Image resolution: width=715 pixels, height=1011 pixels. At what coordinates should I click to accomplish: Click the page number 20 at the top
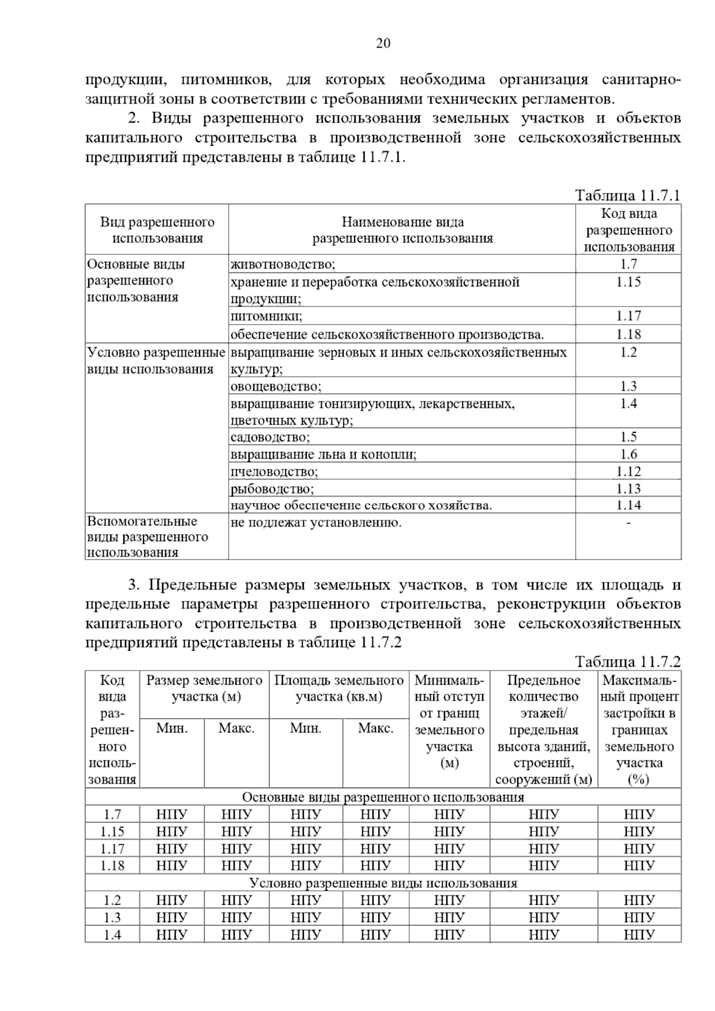(383, 43)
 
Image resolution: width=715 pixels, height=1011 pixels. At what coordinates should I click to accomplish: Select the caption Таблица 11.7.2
(627, 661)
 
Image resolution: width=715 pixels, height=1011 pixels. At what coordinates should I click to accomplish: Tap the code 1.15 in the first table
(628, 282)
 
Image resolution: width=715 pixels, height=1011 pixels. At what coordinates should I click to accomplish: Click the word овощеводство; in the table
(276, 386)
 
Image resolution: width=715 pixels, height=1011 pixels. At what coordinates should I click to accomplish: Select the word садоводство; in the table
(271, 438)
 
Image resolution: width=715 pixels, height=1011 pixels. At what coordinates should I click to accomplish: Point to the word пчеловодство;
(274, 472)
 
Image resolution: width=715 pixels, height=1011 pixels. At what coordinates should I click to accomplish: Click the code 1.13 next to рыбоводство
(628, 489)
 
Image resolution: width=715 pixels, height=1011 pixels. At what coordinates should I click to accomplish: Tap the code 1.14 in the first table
(628, 505)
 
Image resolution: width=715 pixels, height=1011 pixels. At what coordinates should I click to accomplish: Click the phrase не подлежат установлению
(316, 523)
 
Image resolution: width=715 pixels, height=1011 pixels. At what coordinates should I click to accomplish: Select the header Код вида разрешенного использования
(629, 230)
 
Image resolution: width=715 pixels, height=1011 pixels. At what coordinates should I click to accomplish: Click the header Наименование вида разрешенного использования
(402, 230)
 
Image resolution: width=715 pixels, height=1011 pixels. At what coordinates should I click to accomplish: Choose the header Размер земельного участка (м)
(204, 688)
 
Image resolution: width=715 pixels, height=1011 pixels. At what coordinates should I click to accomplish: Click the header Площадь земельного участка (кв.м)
(338, 688)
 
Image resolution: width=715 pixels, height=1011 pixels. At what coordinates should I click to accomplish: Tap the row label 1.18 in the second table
(112, 866)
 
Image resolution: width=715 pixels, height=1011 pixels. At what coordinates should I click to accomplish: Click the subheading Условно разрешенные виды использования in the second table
(383, 883)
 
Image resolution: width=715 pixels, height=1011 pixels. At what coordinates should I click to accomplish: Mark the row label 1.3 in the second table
(112, 918)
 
